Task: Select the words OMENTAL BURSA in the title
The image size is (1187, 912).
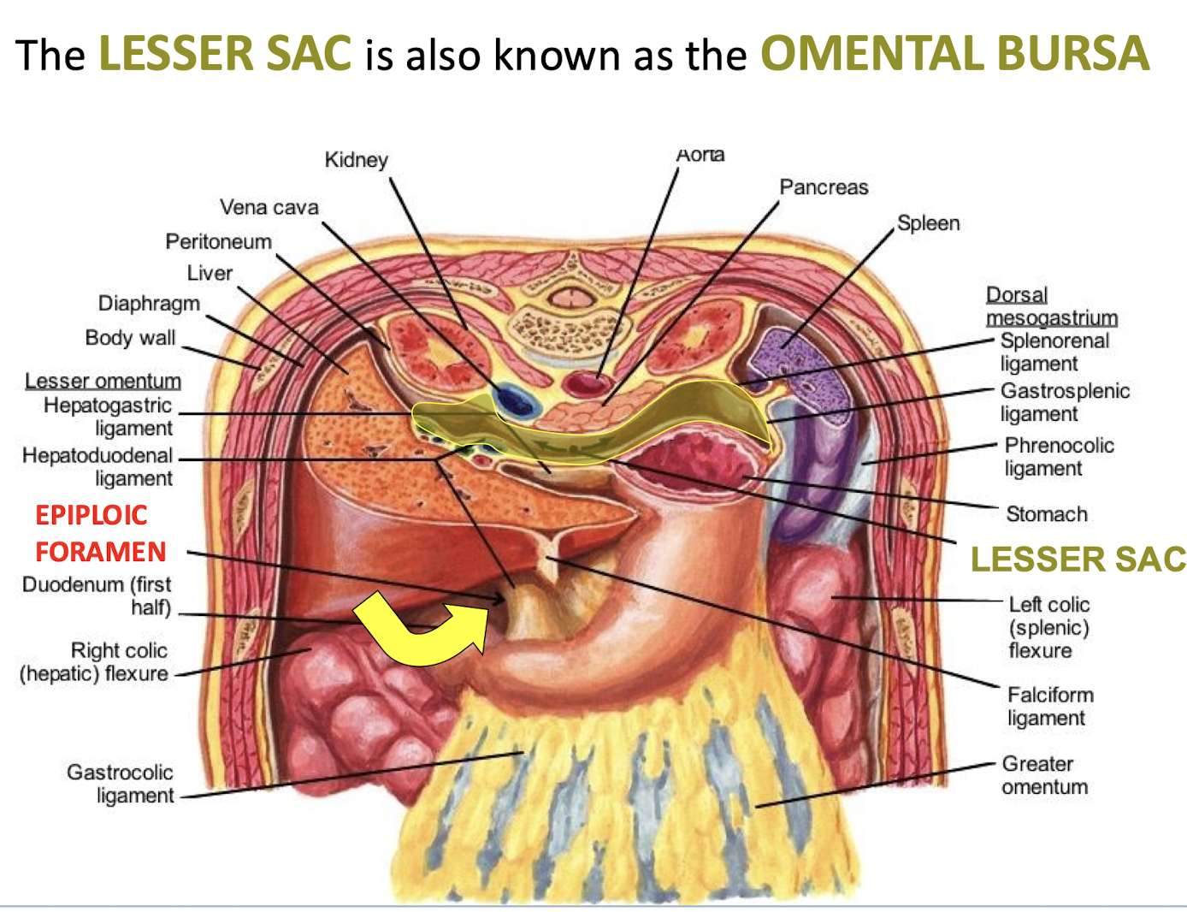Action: point(954,53)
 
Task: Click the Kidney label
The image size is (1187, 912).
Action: point(356,160)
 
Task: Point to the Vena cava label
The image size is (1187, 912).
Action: point(269,207)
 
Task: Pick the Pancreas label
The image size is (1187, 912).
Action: point(824,187)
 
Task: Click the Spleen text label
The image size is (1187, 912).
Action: point(928,223)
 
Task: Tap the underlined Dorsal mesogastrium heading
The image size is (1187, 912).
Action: point(1051,306)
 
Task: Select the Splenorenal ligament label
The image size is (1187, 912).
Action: point(1054,352)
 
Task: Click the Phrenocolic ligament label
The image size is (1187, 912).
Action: point(1059,457)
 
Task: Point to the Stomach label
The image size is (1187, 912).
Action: point(1046,514)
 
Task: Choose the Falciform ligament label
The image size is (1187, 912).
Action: point(1049,706)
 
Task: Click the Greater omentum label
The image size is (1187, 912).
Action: point(1044,775)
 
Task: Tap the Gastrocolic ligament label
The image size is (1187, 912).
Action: point(121,784)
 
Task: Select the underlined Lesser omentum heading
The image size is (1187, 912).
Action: point(103,381)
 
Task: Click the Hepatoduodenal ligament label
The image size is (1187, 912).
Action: point(97,466)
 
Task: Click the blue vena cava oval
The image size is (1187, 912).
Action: point(516,400)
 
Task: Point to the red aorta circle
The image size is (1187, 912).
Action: point(585,383)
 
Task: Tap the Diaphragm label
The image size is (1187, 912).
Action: point(149,304)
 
